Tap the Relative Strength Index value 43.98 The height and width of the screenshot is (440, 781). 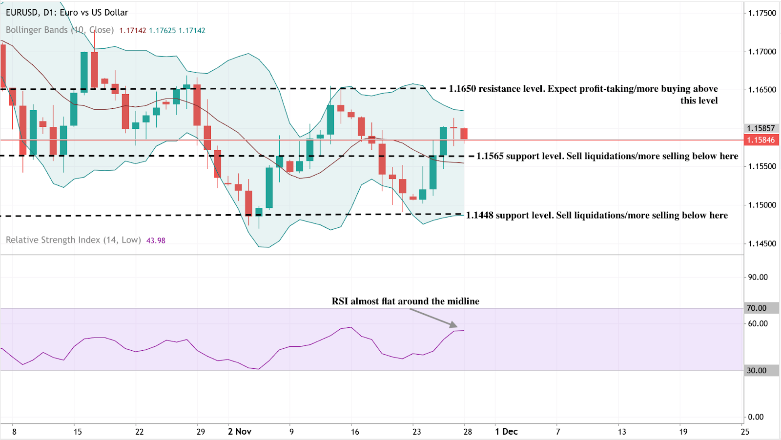point(156,240)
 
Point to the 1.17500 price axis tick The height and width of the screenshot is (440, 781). point(762,13)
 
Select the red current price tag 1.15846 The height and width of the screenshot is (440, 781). point(761,140)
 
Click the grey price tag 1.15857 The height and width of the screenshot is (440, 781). point(761,128)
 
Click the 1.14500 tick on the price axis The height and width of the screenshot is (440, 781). point(762,243)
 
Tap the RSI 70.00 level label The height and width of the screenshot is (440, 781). point(757,308)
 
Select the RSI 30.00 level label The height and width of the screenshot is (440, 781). point(757,371)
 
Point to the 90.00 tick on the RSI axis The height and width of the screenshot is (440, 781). point(758,277)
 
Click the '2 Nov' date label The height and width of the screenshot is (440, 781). point(240,432)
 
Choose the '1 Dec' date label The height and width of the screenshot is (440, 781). point(506,432)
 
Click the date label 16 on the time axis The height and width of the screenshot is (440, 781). point(355,432)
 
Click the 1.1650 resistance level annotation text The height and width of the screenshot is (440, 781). point(583,89)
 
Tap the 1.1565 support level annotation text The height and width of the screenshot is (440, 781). point(607,156)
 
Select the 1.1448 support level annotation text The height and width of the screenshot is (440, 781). point(596,216)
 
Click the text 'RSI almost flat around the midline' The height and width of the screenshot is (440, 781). point(405,301)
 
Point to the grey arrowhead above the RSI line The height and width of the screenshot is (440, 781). point(454,325)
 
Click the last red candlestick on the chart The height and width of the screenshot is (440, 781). point(464,134)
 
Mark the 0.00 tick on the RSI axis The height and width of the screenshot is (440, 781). point(756,417)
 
